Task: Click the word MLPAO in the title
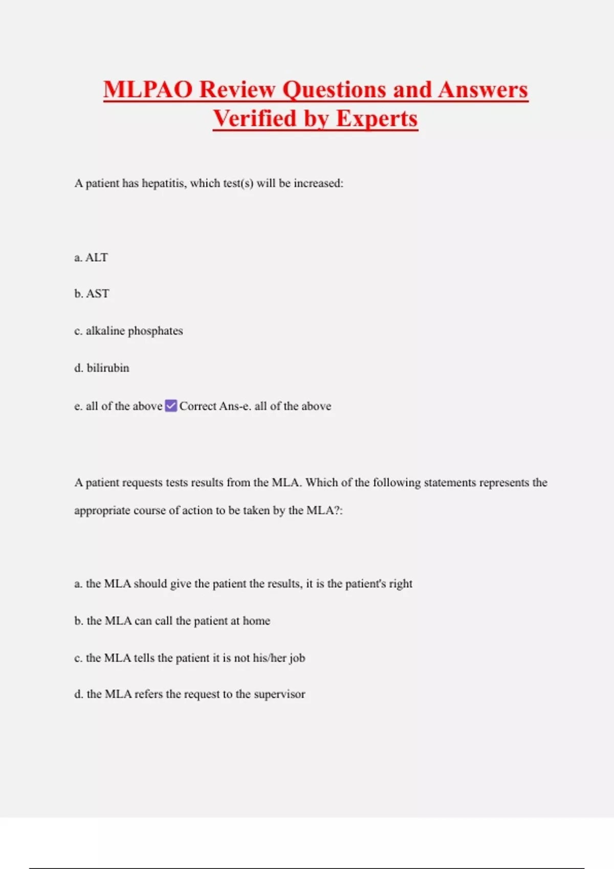tap(148, 89)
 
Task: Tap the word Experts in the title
tap(377, 119)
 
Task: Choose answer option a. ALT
tap(91, 257)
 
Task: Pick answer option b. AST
tap(92, 293)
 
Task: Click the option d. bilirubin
tap(102, 368)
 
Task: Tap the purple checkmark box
tap(171, 406)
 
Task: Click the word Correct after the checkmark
tap(198, 406)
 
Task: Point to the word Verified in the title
tap(255, 119)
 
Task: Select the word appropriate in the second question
tap(102, 511)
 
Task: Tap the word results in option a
tap(282, 584)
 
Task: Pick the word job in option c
tap(297, 658)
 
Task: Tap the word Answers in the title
tap(483, 89)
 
